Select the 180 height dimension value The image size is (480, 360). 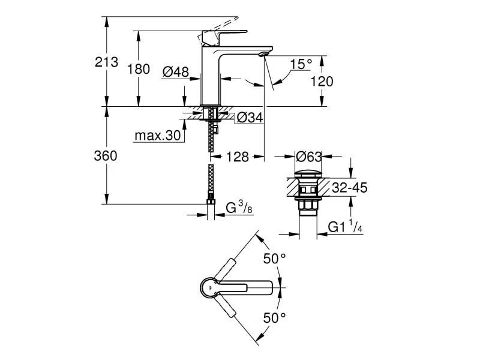[139, 69]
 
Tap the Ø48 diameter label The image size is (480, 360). [176, 71]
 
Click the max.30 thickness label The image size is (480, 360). [158, 136]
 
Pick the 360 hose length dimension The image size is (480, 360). [106, 155]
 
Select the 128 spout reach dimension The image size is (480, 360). [237, 157]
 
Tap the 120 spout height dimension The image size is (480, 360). [322, 82]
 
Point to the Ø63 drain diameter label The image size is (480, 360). [310, 157]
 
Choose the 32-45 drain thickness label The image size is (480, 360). [349, 188]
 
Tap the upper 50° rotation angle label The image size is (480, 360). [275, 259]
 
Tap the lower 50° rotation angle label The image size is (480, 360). [275, 318]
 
